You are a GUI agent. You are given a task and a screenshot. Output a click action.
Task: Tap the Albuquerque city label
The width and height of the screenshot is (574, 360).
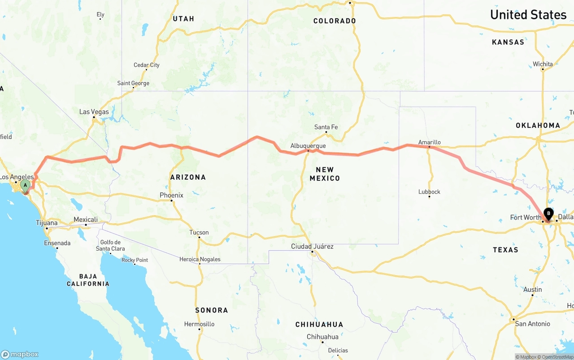pyautogui.click(x=308, y=146)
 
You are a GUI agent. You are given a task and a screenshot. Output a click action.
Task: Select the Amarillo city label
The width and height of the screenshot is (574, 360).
pyautogui.click(x=429, y=142)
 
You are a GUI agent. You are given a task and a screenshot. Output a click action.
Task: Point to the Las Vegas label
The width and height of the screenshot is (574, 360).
pyautogui.click(x=94, y=112)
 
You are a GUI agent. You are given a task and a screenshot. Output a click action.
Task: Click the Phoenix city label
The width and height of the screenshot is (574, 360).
pyautogui.click(x=171, y=195)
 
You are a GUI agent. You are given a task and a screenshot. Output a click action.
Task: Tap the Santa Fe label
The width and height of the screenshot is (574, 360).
pyautogui.click(x=326, y=127)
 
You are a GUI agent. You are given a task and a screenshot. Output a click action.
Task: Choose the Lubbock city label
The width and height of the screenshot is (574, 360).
pyautogui.click(x=429, y=191)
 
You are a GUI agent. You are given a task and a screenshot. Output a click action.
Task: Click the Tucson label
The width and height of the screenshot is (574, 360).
pyautogui.click(x=199, y=232)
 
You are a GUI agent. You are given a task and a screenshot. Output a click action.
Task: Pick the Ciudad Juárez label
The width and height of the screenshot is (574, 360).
pyautogui.click(x=312, y=246)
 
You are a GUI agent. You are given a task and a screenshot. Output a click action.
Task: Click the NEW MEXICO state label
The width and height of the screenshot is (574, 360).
pyautogui.click(x=325, y=173)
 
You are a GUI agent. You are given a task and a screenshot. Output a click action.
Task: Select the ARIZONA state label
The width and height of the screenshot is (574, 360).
pyautogui.click(x=188, y=177)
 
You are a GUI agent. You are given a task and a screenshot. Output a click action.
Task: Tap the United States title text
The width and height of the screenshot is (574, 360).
pyautogui.click(x=528, y=14)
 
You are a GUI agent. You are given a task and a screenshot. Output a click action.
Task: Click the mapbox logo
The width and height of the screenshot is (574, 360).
pyautogui.click(x=20, y=354)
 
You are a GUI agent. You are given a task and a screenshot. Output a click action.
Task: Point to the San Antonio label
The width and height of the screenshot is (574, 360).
pyautogui.click(x=532, y=324)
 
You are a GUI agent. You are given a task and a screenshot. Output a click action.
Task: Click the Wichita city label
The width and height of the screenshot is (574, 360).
pyautogui.click(x=543, y=64)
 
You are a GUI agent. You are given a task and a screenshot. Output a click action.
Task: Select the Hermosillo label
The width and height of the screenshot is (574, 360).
pyautogui.click(x=199, y=324)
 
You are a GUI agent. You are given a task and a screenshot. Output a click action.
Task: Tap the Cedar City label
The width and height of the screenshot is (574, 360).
pyautogui.click(x=146, y=65)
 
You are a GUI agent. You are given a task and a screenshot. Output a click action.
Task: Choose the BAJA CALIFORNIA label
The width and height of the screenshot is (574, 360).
pyautogui.click(x=88, y=280)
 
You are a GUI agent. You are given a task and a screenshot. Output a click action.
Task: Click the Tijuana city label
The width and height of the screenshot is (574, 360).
pyautogui.click(x=47, y=223)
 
